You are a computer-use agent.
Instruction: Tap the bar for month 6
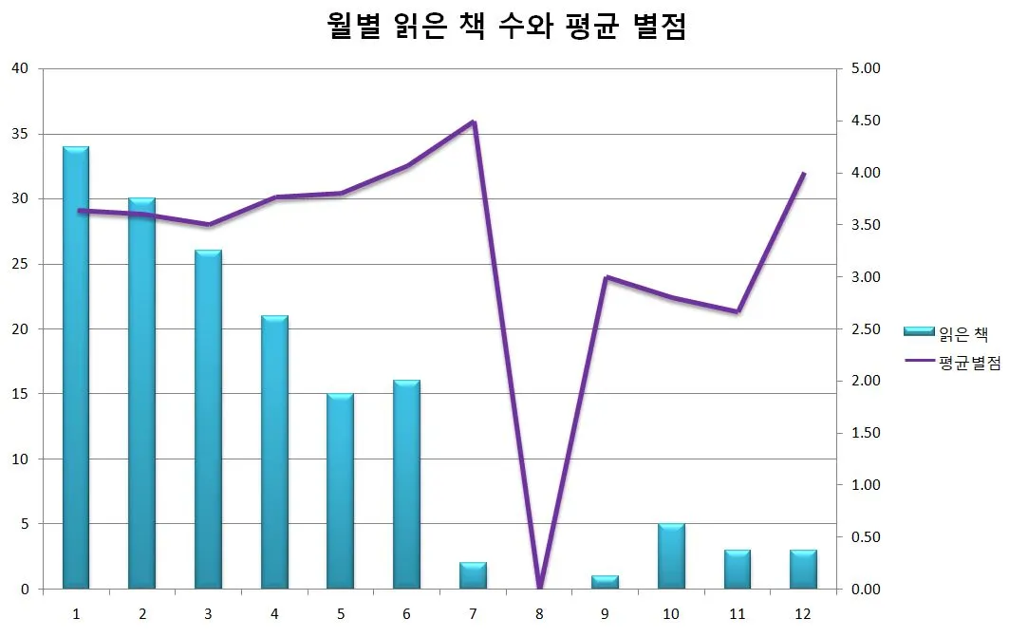click(x=406, y=484)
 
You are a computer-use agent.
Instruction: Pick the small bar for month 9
click(x=605, y=582)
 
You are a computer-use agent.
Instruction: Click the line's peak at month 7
click(x=473, y=122)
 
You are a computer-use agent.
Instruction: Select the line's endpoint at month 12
click(x=804, y=174)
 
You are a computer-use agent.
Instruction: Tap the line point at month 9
click(x=606, y=277)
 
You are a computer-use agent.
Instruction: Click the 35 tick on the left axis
click(x=20, y=134)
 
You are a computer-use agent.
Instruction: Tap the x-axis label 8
click(x=539, y=613)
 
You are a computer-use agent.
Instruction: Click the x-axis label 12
click(x=804, y=613)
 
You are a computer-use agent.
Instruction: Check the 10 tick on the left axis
click(x=20, y=459)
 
